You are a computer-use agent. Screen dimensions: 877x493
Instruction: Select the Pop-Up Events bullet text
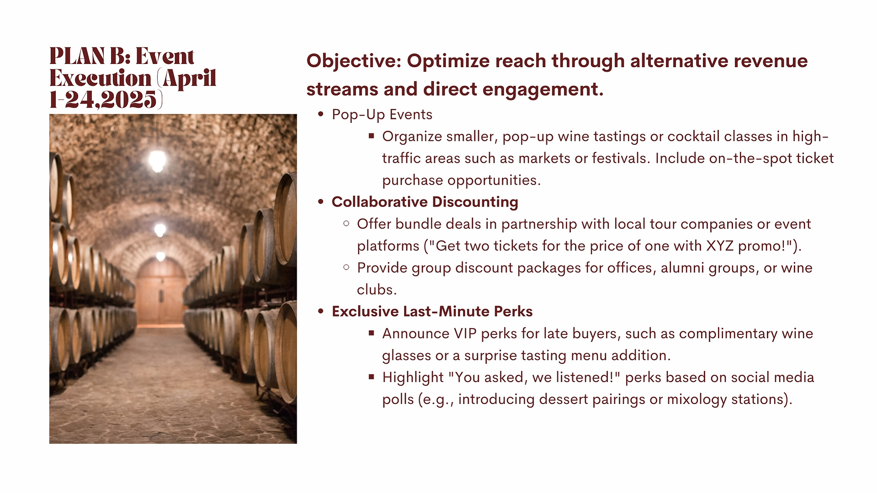pyautogui.click(x=382, y=115)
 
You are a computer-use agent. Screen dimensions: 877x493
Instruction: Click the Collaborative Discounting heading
pyautogui.click(x=425, y=202)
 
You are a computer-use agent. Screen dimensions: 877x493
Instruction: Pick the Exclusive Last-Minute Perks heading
pyautogui.click(x=432, y=312)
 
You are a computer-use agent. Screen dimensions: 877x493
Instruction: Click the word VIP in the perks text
pyautogui.click(x=465, y=334)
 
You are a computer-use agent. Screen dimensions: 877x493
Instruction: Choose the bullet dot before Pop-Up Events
pyautogui.click(x=321, y=115)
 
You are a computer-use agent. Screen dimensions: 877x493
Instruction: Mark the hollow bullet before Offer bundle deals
pyautogui.click(x=346, y=224)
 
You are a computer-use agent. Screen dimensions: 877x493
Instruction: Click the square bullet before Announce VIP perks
pyautogui.click(x=372, y=333)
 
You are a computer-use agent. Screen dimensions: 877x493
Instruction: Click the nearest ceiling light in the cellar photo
pyautogui.click(x=157, y=160)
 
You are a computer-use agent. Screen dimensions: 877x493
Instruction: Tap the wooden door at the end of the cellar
pyautogui.click(x=160, y=292)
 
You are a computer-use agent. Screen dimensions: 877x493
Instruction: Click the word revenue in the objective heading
pyautogui.click(x=771, y=61)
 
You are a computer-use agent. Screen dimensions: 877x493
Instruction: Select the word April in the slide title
pyautogui.click(x=190, y=79)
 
